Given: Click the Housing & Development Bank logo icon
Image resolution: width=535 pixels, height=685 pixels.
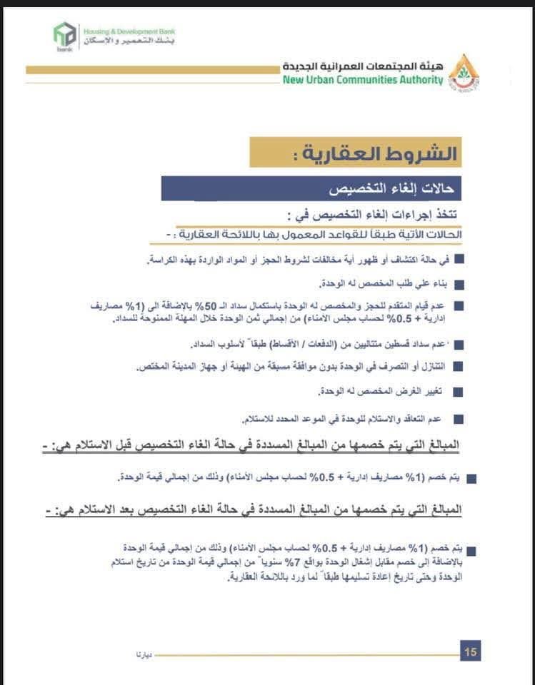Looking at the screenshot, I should pyautogui.click(x=65, y=36).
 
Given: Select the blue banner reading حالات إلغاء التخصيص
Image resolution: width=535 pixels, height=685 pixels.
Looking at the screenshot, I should pyautogui.click(x=311, y=189).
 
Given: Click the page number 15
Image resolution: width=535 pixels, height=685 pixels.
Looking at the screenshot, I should pyautogui.click(x=471, y=651).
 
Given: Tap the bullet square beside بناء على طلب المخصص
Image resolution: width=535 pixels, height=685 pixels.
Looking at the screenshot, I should pyautogui.click(x=459, y=284).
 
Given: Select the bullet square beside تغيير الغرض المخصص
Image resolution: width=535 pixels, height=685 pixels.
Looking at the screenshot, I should pyautogui.click(x=459, y=392).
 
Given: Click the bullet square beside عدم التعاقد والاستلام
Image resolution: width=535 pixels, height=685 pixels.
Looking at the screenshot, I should pyautogui.click(x=459, y=418).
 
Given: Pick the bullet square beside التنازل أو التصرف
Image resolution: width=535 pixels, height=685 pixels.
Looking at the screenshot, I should pyautogui.click(x=459, y=367).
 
